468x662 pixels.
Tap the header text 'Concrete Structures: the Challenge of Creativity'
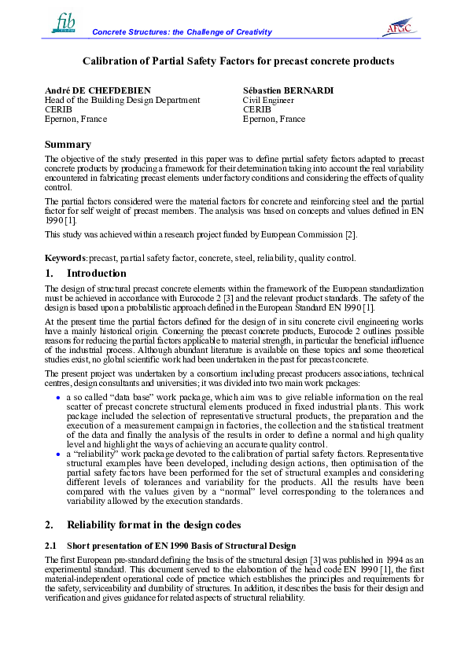(x=182, y=32)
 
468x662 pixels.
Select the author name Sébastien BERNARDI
(x=289, y=90)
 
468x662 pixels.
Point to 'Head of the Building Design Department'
(x=123, y=100)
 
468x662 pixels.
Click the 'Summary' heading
(x=68, y=145)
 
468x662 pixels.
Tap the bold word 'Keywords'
(x=65, y=258)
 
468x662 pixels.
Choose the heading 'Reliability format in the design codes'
(x=163, y=524)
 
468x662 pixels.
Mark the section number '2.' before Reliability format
(x=50, y=524)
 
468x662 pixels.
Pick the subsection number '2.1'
(x=51, y=546)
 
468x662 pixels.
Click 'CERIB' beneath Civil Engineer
(x=257, y=109)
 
